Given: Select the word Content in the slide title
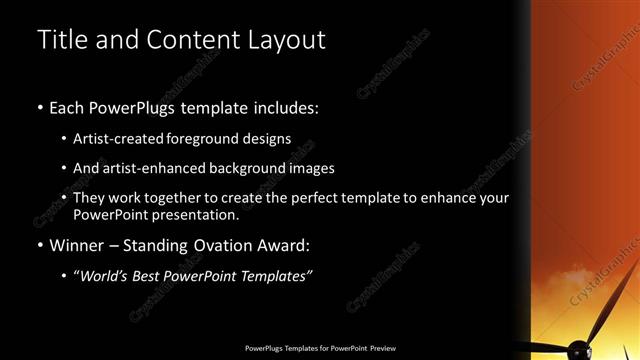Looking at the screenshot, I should pos(191,40).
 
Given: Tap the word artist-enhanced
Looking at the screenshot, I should pos(146,168).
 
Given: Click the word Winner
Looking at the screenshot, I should pos(76,245).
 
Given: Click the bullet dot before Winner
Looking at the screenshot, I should pos(39,246).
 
